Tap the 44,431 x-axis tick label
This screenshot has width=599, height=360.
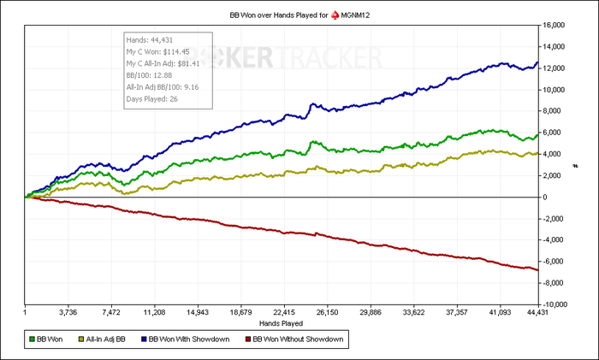537,313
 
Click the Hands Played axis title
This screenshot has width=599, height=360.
282,324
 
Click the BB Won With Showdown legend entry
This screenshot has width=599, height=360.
188,340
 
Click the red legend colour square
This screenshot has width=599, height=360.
249,340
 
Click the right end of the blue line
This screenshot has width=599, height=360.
537,62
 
